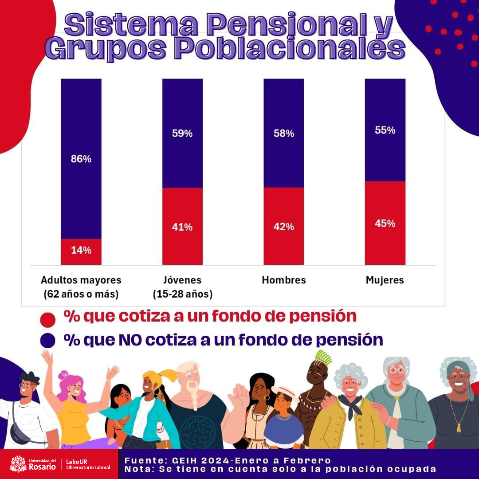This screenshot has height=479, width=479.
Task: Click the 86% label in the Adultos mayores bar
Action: (x=81, y=159)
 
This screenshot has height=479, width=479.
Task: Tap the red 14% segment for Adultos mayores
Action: (x=81, y=252)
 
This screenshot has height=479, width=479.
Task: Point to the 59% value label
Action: (x=182, y=133)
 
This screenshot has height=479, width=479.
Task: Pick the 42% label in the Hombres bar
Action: (x=284, y=227)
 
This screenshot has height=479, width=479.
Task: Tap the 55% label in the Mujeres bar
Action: (x=385, y=130)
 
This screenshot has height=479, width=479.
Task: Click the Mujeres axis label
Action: (x=385, y=280)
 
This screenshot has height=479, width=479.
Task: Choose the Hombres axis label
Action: (x=284, y=280)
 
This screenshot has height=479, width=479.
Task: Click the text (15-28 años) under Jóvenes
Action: (x=182, y=294)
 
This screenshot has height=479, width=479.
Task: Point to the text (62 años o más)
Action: (x=81, y=294)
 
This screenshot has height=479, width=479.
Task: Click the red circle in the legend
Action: (x=47, y=320)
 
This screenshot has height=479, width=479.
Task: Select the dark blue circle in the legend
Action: (x=47, y=341)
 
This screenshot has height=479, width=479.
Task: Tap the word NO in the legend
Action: (x=130, y=340)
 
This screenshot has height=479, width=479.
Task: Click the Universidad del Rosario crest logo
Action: (x=18, y=464)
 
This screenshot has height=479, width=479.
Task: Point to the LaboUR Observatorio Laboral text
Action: (x=88, y=464)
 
